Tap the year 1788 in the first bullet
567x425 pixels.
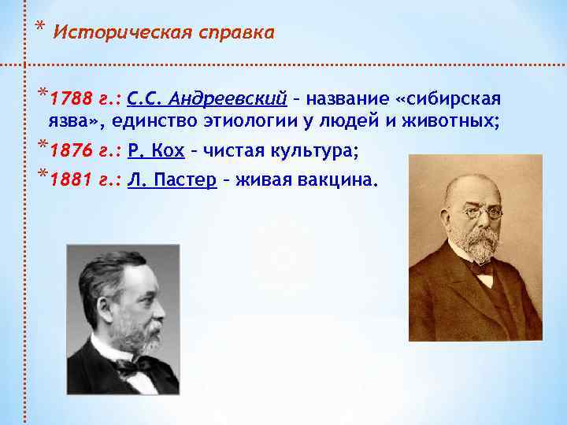point(66,100)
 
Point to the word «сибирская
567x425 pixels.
point(449,100)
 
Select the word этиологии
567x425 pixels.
point(270,121)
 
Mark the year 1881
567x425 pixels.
point(66,179)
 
